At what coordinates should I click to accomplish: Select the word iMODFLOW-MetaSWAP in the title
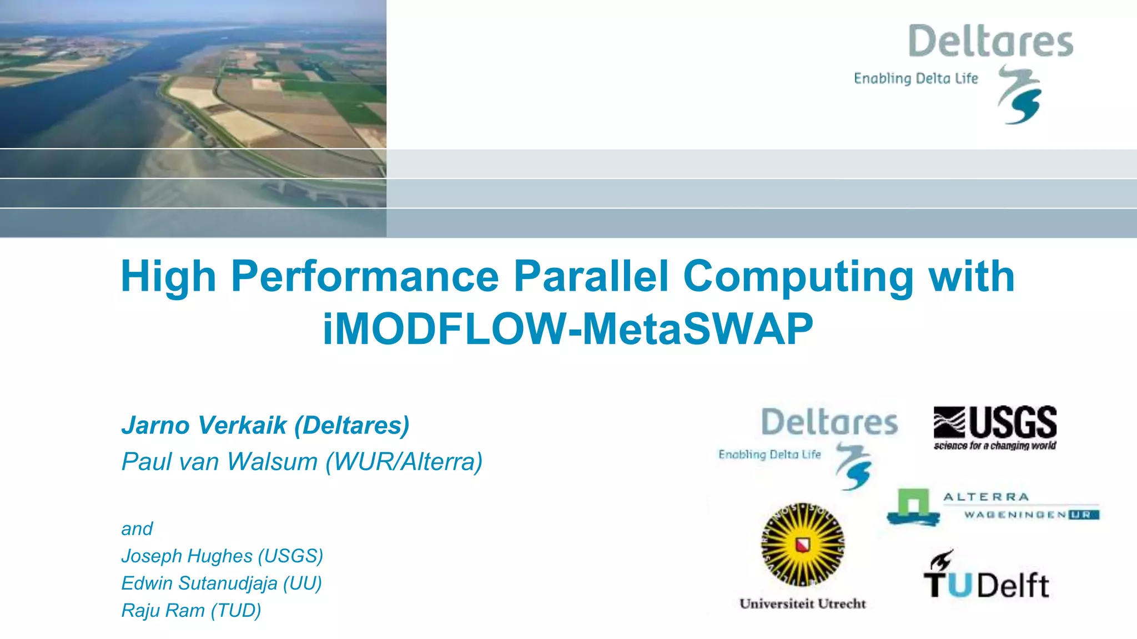click(x=567, y=329)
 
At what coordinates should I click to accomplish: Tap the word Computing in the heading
click(x=798, y=276)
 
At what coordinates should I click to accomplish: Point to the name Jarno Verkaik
click(x=204, y=425)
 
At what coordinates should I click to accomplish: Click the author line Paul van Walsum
click(x=219, y=461)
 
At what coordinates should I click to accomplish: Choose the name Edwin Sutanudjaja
click(x=199, y=583)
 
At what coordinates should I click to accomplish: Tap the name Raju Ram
click(x=163, y=610)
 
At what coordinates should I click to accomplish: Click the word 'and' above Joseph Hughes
click(x=137, y=529)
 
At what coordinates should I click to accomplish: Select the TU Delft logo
click(x=986, y=577)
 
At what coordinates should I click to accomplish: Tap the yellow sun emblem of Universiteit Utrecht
click(x=802, y=545)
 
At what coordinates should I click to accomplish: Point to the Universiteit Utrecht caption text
click(x=802, y=603)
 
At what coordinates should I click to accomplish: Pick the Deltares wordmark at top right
click(x=990, y=41)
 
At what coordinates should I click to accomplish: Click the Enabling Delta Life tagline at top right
click(x=915, y=79)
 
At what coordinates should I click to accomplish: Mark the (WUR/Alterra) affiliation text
click(x=404, y=461)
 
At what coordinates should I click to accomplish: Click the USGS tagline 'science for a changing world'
click(x=995, y=445)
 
